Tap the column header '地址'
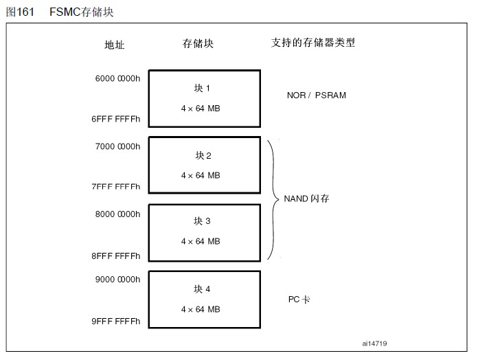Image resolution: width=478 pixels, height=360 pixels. pyautogui.click(x=114, y=45)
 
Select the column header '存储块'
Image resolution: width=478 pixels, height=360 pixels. pyautogui.click(x=198, y=43)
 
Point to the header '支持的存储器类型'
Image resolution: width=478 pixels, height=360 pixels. pyautogui.click(x=313, y=43)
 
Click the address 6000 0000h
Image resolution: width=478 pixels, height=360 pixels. pyautogui.click(x=117, y=78)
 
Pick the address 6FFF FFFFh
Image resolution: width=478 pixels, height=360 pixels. pyautogui.click(x=116, y=119)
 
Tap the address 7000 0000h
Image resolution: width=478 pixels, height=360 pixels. pyautogui.click(x=117, y=146)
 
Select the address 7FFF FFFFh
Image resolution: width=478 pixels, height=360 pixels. pyautogui.click(x=116, y=187)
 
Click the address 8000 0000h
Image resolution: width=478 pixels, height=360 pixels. pyautogui.click(x=117, y=214)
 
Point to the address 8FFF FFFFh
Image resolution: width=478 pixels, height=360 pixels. pyautogui.click(x=116, y=256)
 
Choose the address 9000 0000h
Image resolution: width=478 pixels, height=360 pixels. pyautogui.click(x=117, y=280)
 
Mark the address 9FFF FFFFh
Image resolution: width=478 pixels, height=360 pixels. pyautogui.click(x=116, y=321)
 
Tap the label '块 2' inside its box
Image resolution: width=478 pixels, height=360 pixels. pyautogui.click(x=203, y=155)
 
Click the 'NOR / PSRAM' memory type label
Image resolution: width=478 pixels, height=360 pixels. pyautogui.click(x=316, y=95)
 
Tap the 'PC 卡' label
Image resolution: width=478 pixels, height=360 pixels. pyautogui.click(x=299, y=300)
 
